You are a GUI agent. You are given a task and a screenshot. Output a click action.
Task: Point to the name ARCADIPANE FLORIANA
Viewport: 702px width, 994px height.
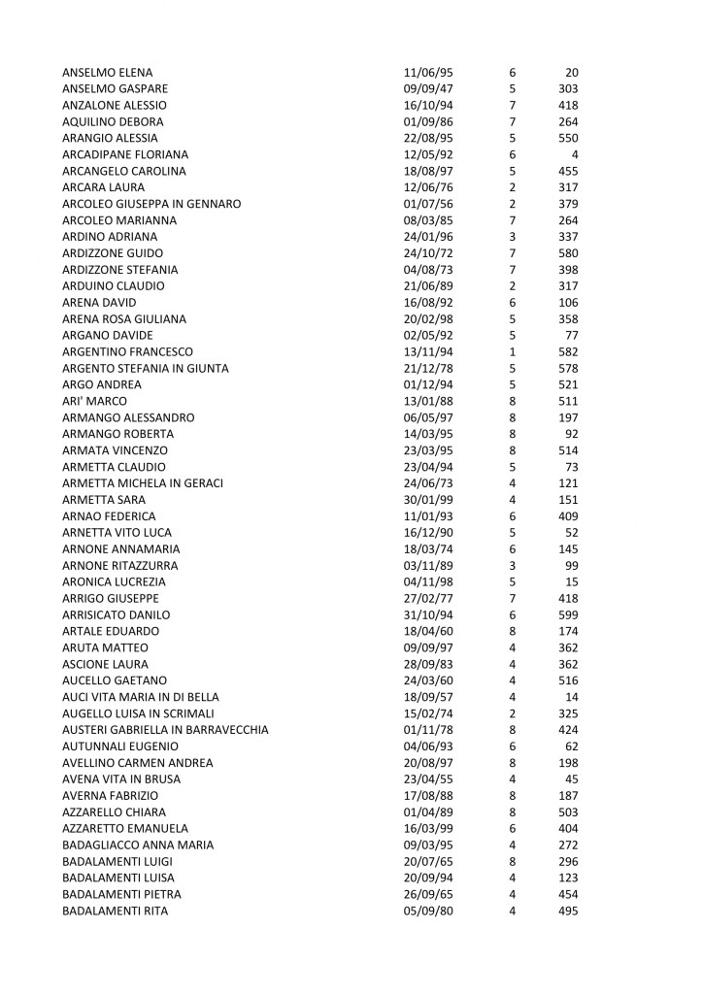(124, 154)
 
